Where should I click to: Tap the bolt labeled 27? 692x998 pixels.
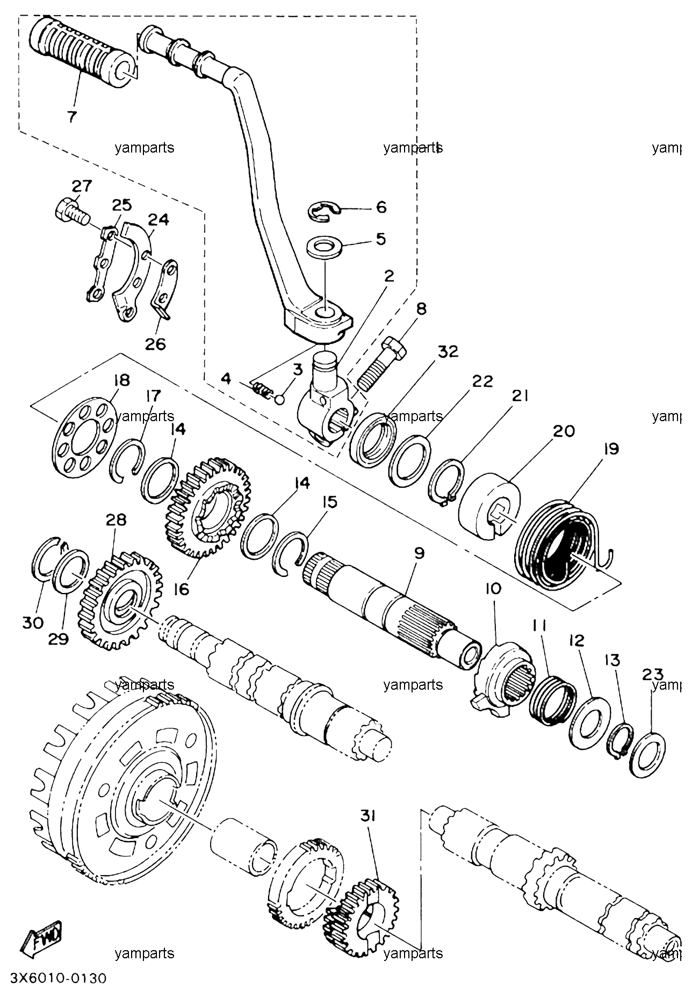(x=70, y=214)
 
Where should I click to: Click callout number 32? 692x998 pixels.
(x=448, y=351)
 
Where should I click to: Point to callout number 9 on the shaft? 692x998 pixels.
(x=419, y=553)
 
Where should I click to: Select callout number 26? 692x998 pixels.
(x=156, y=344)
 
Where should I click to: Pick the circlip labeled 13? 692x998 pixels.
(x=620, y=741)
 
